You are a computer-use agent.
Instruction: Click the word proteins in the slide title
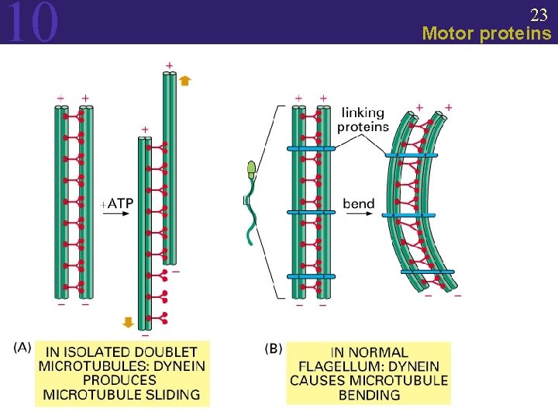tap(516, 33)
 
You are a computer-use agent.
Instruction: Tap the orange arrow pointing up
tap(184, 80)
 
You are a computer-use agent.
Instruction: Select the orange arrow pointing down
tap(129, 322)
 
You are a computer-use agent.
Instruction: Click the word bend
tap(359, 204)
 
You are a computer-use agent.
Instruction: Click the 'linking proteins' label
tap(363, 119)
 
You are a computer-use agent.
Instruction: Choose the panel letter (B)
tap(274, 348)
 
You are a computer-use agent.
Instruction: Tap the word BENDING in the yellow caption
tap(369, 394)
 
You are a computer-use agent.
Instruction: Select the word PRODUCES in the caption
tap(119, 380)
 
